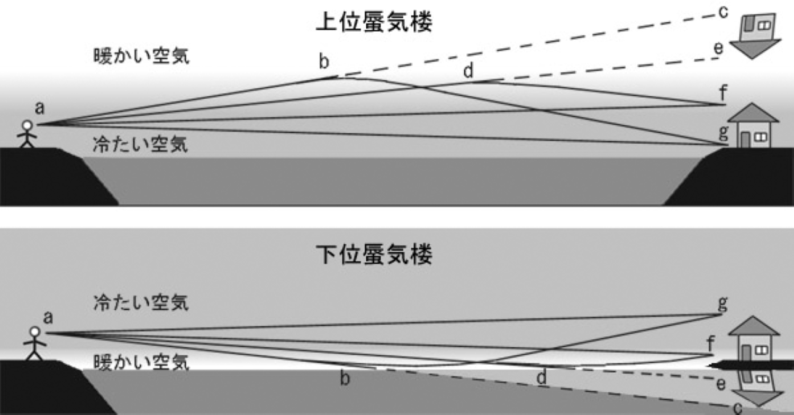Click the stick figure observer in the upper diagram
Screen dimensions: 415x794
26,135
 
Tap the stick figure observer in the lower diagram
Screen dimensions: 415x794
34,344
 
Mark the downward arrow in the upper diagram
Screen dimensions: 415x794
757,50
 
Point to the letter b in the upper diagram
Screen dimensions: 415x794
323,62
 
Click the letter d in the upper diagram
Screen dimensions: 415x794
468,71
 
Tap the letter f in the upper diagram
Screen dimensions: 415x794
723,94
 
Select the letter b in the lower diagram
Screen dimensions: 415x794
345,379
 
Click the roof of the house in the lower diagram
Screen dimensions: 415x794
754,326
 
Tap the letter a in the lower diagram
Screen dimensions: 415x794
48,317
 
